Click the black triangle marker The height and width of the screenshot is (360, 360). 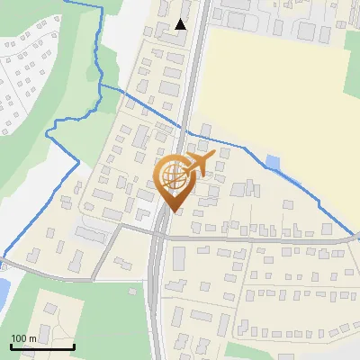[x=181, y=24]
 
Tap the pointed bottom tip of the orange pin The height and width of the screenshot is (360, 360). [x=173, y=211]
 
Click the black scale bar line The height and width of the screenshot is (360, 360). [x=42, y=346]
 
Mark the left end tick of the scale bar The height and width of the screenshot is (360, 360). [x=11, y=345]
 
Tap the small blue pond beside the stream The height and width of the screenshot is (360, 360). [x=273, y=163]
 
